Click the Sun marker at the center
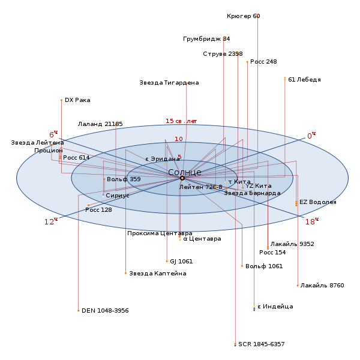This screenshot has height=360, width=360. click(182, 178)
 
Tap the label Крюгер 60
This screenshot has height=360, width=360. click(244, 16)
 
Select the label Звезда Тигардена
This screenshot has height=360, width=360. click(169, 83)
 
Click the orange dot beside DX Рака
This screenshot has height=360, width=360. click(61, 100)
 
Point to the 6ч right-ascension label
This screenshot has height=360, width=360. click(53, 134)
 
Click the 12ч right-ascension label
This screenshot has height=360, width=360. click(51, 221)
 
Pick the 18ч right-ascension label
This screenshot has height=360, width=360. click(312, 221)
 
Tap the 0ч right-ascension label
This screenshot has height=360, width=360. click(311, 136)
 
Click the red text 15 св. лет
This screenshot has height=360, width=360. click(181, 121)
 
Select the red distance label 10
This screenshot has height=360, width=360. click(179, 139)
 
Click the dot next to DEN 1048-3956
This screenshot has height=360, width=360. click(79, 311)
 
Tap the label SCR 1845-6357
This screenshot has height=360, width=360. click(262, 344)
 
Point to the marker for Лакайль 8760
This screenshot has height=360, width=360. click(298, 286)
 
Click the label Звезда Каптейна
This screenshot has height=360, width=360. click(158, 274)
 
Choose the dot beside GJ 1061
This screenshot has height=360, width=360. click(167, 261)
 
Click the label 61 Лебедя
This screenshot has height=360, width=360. click(304, 80)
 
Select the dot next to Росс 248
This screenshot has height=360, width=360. click(247, 62)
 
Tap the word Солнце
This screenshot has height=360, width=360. click(185, 172)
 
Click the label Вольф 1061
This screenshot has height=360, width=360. click(264, 266)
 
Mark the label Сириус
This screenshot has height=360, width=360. click(118, 196)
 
